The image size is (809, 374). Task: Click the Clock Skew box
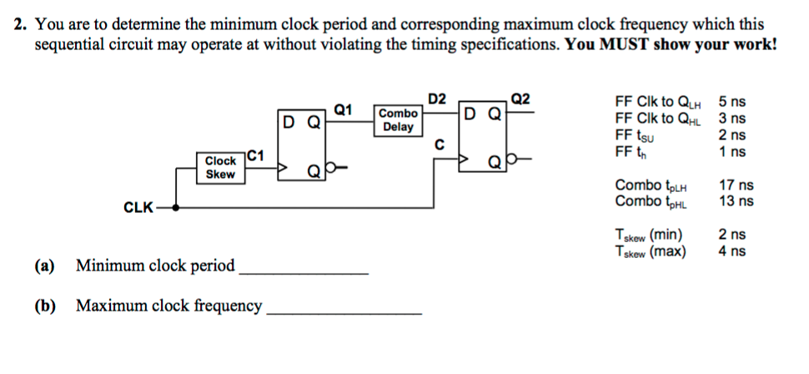pyautogui.click(x=220, y=167)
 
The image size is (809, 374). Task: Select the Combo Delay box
pyautogui.click(x=398, y=120)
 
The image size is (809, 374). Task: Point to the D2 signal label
pyautogui.click(x=438, y=99)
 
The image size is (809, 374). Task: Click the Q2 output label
pyautogui.click(x=519, y=99)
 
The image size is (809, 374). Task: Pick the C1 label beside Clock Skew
pyautogui.click(x=256, y=154)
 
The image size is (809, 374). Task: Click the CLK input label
pyautogui.click(x=137, y=207)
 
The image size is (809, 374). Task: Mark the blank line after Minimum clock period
pyautogui.click(x=303, y=270)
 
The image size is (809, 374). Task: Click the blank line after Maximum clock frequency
pyautogui.click(x=343, y=311)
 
